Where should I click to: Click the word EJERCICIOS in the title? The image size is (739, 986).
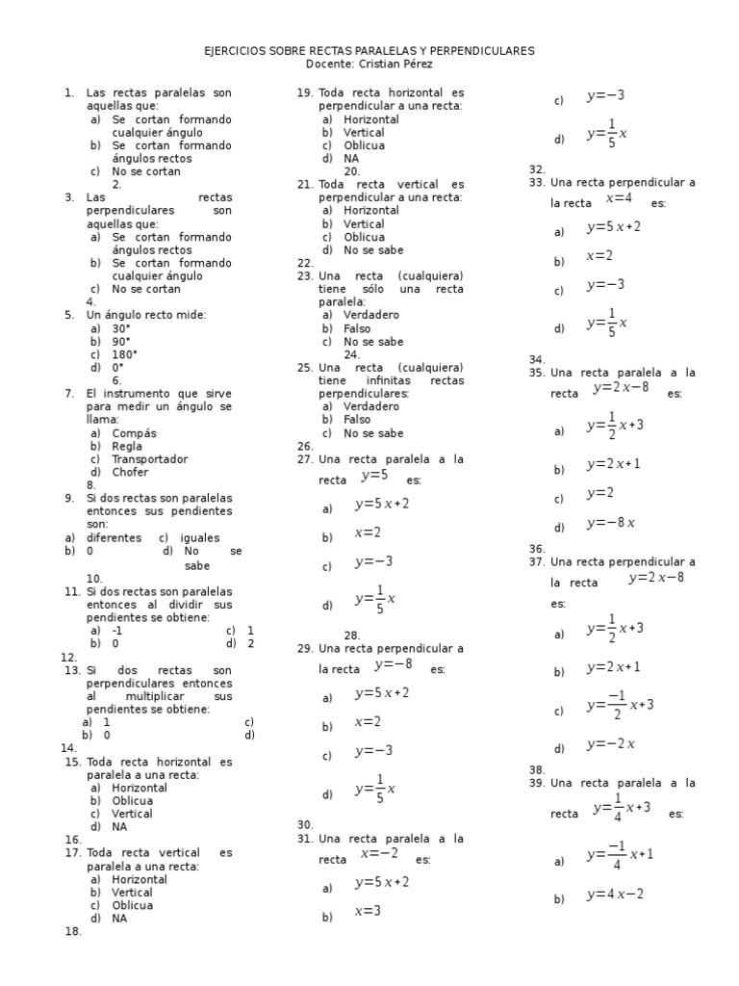tap(235, 50)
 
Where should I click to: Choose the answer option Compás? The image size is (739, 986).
tap(134, 433)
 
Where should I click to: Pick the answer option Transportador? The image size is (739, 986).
tap(149, 459)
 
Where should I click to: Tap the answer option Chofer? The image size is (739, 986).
tap(133, 472)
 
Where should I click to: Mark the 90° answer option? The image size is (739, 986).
tap(121, 341)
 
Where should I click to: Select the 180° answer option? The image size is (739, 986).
tap(124, 354)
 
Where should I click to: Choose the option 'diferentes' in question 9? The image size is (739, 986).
tap(114, 537)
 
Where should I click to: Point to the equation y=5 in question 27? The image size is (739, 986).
tap(374, 475)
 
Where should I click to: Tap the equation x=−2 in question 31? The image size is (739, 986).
tap(379, 853)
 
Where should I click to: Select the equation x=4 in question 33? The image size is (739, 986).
tap(619, 198)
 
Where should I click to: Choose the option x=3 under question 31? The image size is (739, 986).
tap(368, 911)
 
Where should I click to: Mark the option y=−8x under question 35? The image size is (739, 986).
tap(610, 523)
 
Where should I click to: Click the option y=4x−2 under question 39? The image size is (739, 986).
tap(615, 895)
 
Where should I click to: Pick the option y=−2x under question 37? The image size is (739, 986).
tap(610, 743)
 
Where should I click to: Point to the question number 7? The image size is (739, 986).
tap(69, 394)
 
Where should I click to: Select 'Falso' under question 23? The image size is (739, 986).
tap(357, 328)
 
